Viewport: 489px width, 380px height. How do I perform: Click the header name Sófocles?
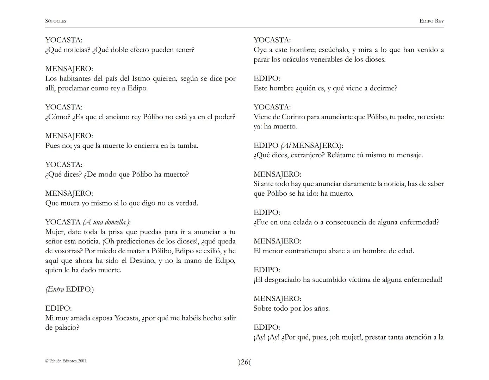[x=56, y=21]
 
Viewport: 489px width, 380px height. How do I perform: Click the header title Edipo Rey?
[x=431, y=21]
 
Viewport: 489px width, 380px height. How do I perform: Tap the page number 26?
[x=244, y=362]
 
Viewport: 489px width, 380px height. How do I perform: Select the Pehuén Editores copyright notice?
[x=66, y=361]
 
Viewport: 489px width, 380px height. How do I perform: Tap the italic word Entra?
[x=55, y=290]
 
